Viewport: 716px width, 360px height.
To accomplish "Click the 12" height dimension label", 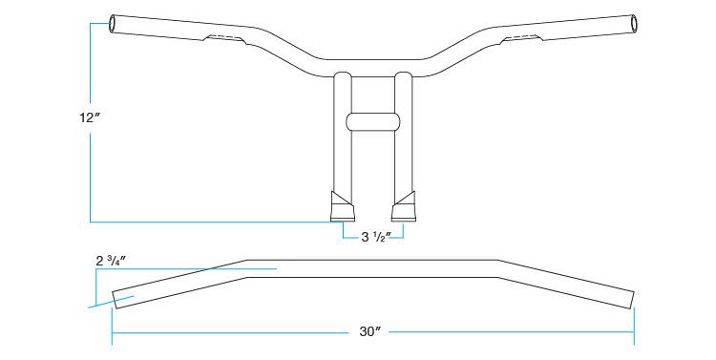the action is pos(90,117).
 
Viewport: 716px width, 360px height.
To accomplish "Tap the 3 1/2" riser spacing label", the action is pos(373,237).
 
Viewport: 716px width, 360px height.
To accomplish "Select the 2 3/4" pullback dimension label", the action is pos(111,262).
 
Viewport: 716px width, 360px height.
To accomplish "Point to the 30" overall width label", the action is pos(369,332).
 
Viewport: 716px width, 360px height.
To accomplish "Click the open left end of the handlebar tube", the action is pos(113,23).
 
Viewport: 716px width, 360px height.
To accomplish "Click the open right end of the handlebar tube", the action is pos(633,23).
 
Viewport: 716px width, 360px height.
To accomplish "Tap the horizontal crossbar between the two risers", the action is pos(373,121).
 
